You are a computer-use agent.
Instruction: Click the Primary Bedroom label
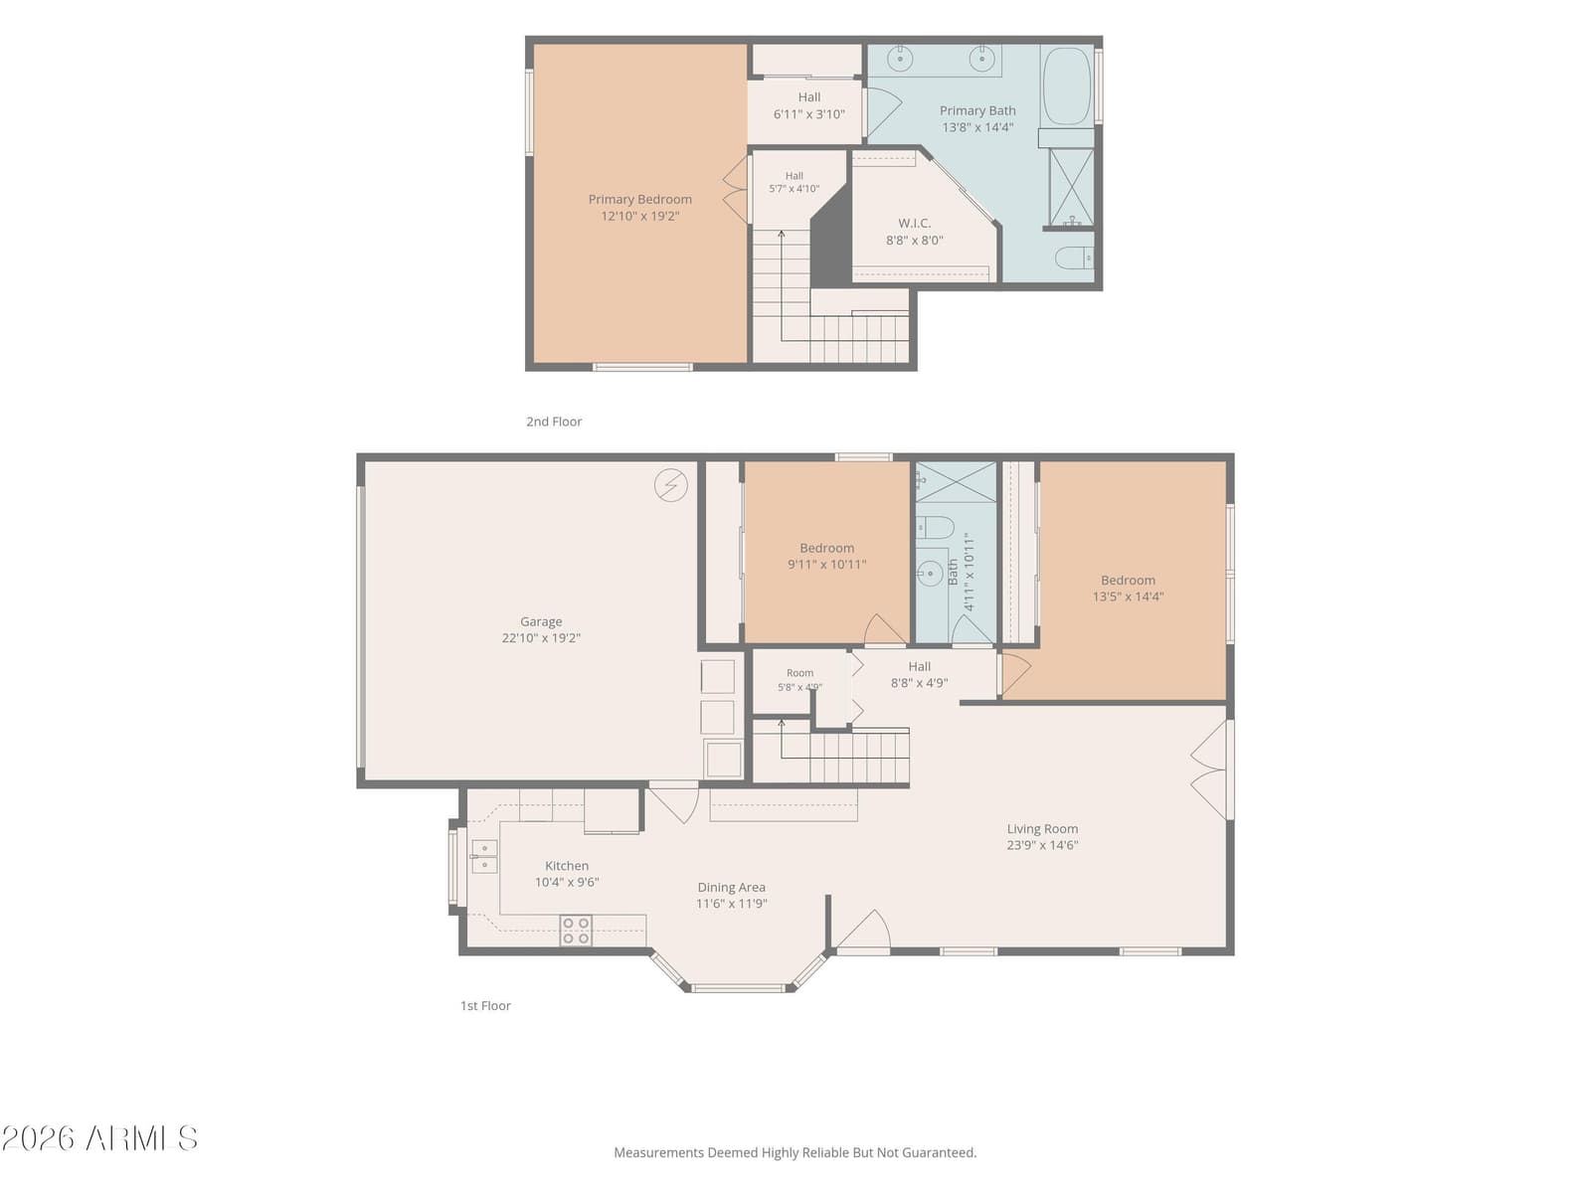click(639, 199)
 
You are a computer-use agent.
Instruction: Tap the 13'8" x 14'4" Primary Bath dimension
click(977, 127)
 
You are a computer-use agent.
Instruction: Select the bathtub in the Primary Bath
click(1066, 86)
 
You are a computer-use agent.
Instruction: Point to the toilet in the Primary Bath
click(1074, 257)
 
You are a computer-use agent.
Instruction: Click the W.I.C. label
click(914, 223)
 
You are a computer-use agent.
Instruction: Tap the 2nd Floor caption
click(554, 422)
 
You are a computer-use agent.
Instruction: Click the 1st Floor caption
click(485, 1005)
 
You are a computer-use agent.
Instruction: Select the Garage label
click(541, 621)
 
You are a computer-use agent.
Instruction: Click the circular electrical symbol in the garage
click(670, 485)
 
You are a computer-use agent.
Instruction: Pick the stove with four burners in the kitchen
click(576, 931)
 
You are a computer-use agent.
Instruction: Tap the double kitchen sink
click(485, 856)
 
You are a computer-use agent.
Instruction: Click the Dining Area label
click(731, 888)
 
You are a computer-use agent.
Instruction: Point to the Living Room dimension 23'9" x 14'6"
click(1042, 845)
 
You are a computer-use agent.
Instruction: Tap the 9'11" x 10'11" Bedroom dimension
click(827, 565)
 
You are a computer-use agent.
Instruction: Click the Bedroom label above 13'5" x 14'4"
click(1128, 581)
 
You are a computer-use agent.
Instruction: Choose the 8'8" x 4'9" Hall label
click(919, 674)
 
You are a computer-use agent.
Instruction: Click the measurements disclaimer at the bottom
click(795, 1152)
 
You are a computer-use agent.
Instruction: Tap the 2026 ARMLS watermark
click(100, 1139)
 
